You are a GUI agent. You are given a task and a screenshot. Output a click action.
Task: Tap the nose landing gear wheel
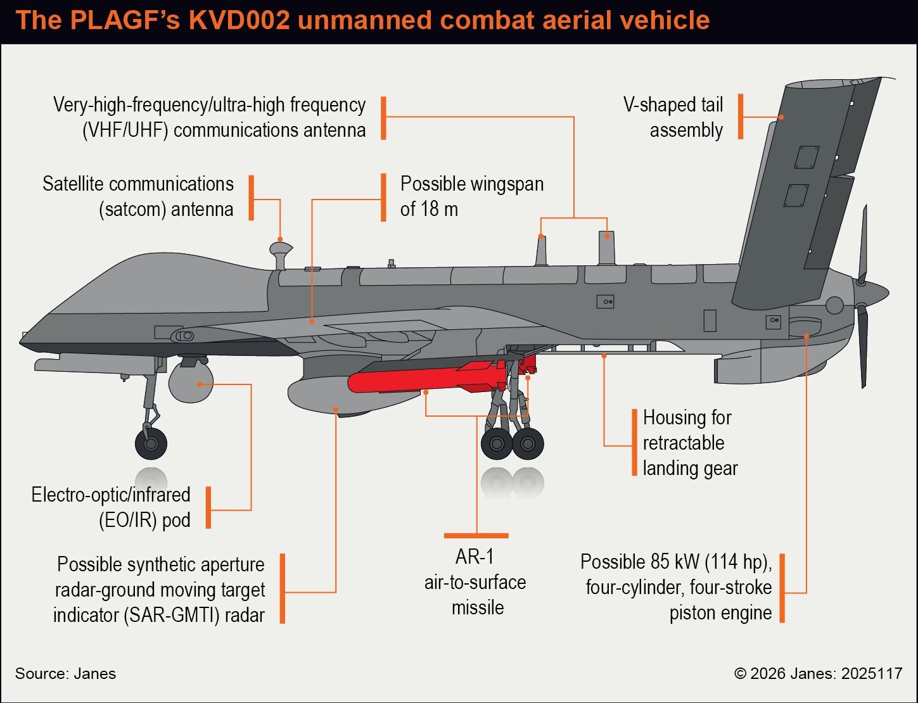point(151,444)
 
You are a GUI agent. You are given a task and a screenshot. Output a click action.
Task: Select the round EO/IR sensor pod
point(191,382)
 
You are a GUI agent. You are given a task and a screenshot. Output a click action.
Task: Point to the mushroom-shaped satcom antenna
point(281,254)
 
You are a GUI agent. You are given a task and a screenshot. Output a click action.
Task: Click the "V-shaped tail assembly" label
point(673,117)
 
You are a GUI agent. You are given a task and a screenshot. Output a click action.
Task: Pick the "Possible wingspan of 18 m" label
point(472,196)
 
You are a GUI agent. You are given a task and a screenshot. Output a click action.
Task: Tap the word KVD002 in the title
point(239,20)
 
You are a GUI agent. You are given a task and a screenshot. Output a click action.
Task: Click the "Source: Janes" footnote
point(65,673)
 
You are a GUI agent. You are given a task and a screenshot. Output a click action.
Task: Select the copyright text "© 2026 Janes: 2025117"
point(818,673)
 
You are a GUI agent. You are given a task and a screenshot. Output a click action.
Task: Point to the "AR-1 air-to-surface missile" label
point(476,582)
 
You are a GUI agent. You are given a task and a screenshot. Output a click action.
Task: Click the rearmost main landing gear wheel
point(528,444)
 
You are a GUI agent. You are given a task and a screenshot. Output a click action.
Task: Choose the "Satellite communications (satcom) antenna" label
point(137,196)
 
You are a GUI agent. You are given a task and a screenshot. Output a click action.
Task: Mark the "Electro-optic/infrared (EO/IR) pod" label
point(111,507)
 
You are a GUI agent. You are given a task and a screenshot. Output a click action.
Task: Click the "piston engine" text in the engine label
point(721,613)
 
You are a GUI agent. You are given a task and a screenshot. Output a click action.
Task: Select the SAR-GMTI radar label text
point(159,590)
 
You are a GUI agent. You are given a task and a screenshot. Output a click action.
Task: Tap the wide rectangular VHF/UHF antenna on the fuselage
point(607,248)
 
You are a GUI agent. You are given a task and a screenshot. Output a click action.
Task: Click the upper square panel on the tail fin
point(806,158)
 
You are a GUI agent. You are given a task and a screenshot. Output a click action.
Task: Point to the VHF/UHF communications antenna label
point(209,117)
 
